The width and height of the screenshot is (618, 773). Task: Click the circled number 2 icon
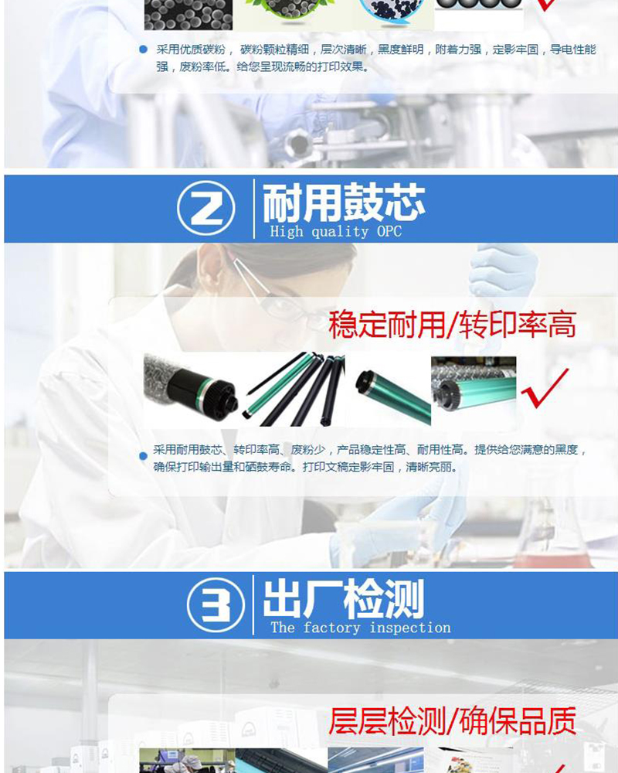click(206, 208)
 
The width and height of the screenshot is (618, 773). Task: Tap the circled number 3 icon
click(216, 605)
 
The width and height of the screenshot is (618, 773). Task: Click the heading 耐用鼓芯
click(344, 202)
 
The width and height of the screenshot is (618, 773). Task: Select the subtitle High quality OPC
click(335, 231)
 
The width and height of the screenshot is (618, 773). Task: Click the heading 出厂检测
click(344, 598)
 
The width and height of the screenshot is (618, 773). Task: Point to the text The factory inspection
click(360, 628)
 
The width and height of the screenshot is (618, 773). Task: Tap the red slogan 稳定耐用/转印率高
click(452, 325)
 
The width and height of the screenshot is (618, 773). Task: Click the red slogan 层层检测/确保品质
click(452, 720)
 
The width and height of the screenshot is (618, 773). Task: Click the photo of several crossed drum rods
click(294, 390)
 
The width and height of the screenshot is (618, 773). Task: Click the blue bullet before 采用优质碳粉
click(144, 49)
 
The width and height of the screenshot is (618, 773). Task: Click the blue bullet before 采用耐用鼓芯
click(144, 456)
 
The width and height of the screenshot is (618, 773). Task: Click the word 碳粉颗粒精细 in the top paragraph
click(274, 49)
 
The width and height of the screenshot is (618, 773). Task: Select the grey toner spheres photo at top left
click(188, 15)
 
